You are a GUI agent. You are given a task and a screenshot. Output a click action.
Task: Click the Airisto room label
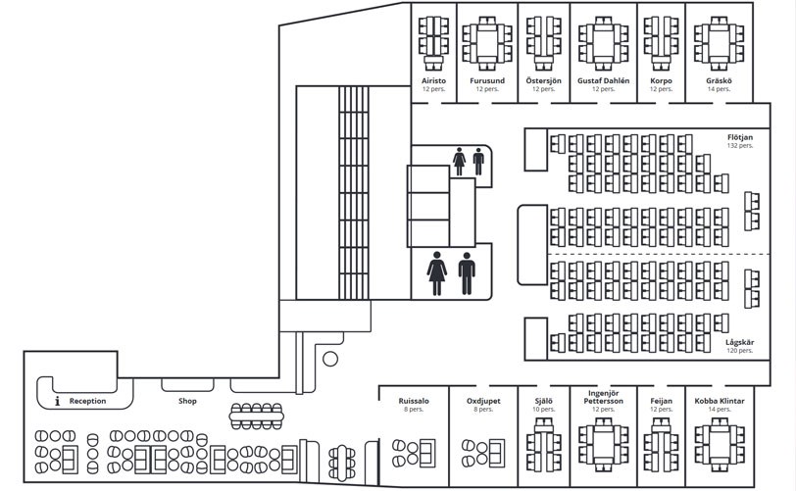click(x=433, y=80)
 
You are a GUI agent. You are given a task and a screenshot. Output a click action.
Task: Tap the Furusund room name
click(x=487, y=80)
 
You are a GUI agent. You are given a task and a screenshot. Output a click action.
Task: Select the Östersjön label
click(x=543, y=80)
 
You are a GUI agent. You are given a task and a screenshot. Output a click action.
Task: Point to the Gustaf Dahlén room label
click(x=603, y=80)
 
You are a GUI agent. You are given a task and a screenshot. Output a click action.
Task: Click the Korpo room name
click(x=661, y=80)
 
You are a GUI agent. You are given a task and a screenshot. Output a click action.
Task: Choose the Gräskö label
click(x=720, y=80)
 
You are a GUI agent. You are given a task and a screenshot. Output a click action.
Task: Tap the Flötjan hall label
click(x=740, y=137)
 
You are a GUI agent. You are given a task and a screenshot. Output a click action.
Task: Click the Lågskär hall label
click(x=739, y=342)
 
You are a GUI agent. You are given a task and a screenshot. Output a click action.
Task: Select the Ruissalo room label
click(x=414, y=401)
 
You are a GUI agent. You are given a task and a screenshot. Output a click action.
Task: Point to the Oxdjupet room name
click(x=484, y=401)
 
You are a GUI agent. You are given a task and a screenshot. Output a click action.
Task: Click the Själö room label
click(x=544, y=401)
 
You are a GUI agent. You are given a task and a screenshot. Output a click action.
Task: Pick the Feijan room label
click(x=661, y=401)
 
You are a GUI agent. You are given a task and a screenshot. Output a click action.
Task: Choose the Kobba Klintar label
click(x=720, y=401)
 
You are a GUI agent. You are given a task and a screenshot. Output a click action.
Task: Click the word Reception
click(x=87, y=401)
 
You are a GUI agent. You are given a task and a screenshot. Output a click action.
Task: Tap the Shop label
click(x=188, y=401)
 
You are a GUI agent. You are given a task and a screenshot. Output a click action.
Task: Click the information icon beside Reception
click(x=58, y=401)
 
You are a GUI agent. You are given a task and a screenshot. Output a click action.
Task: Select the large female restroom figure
click(x=437, y=273)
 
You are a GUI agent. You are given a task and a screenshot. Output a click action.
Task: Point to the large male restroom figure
click(x=467, y=273)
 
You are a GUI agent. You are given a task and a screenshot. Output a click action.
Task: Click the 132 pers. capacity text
click(x=740, y=146)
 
